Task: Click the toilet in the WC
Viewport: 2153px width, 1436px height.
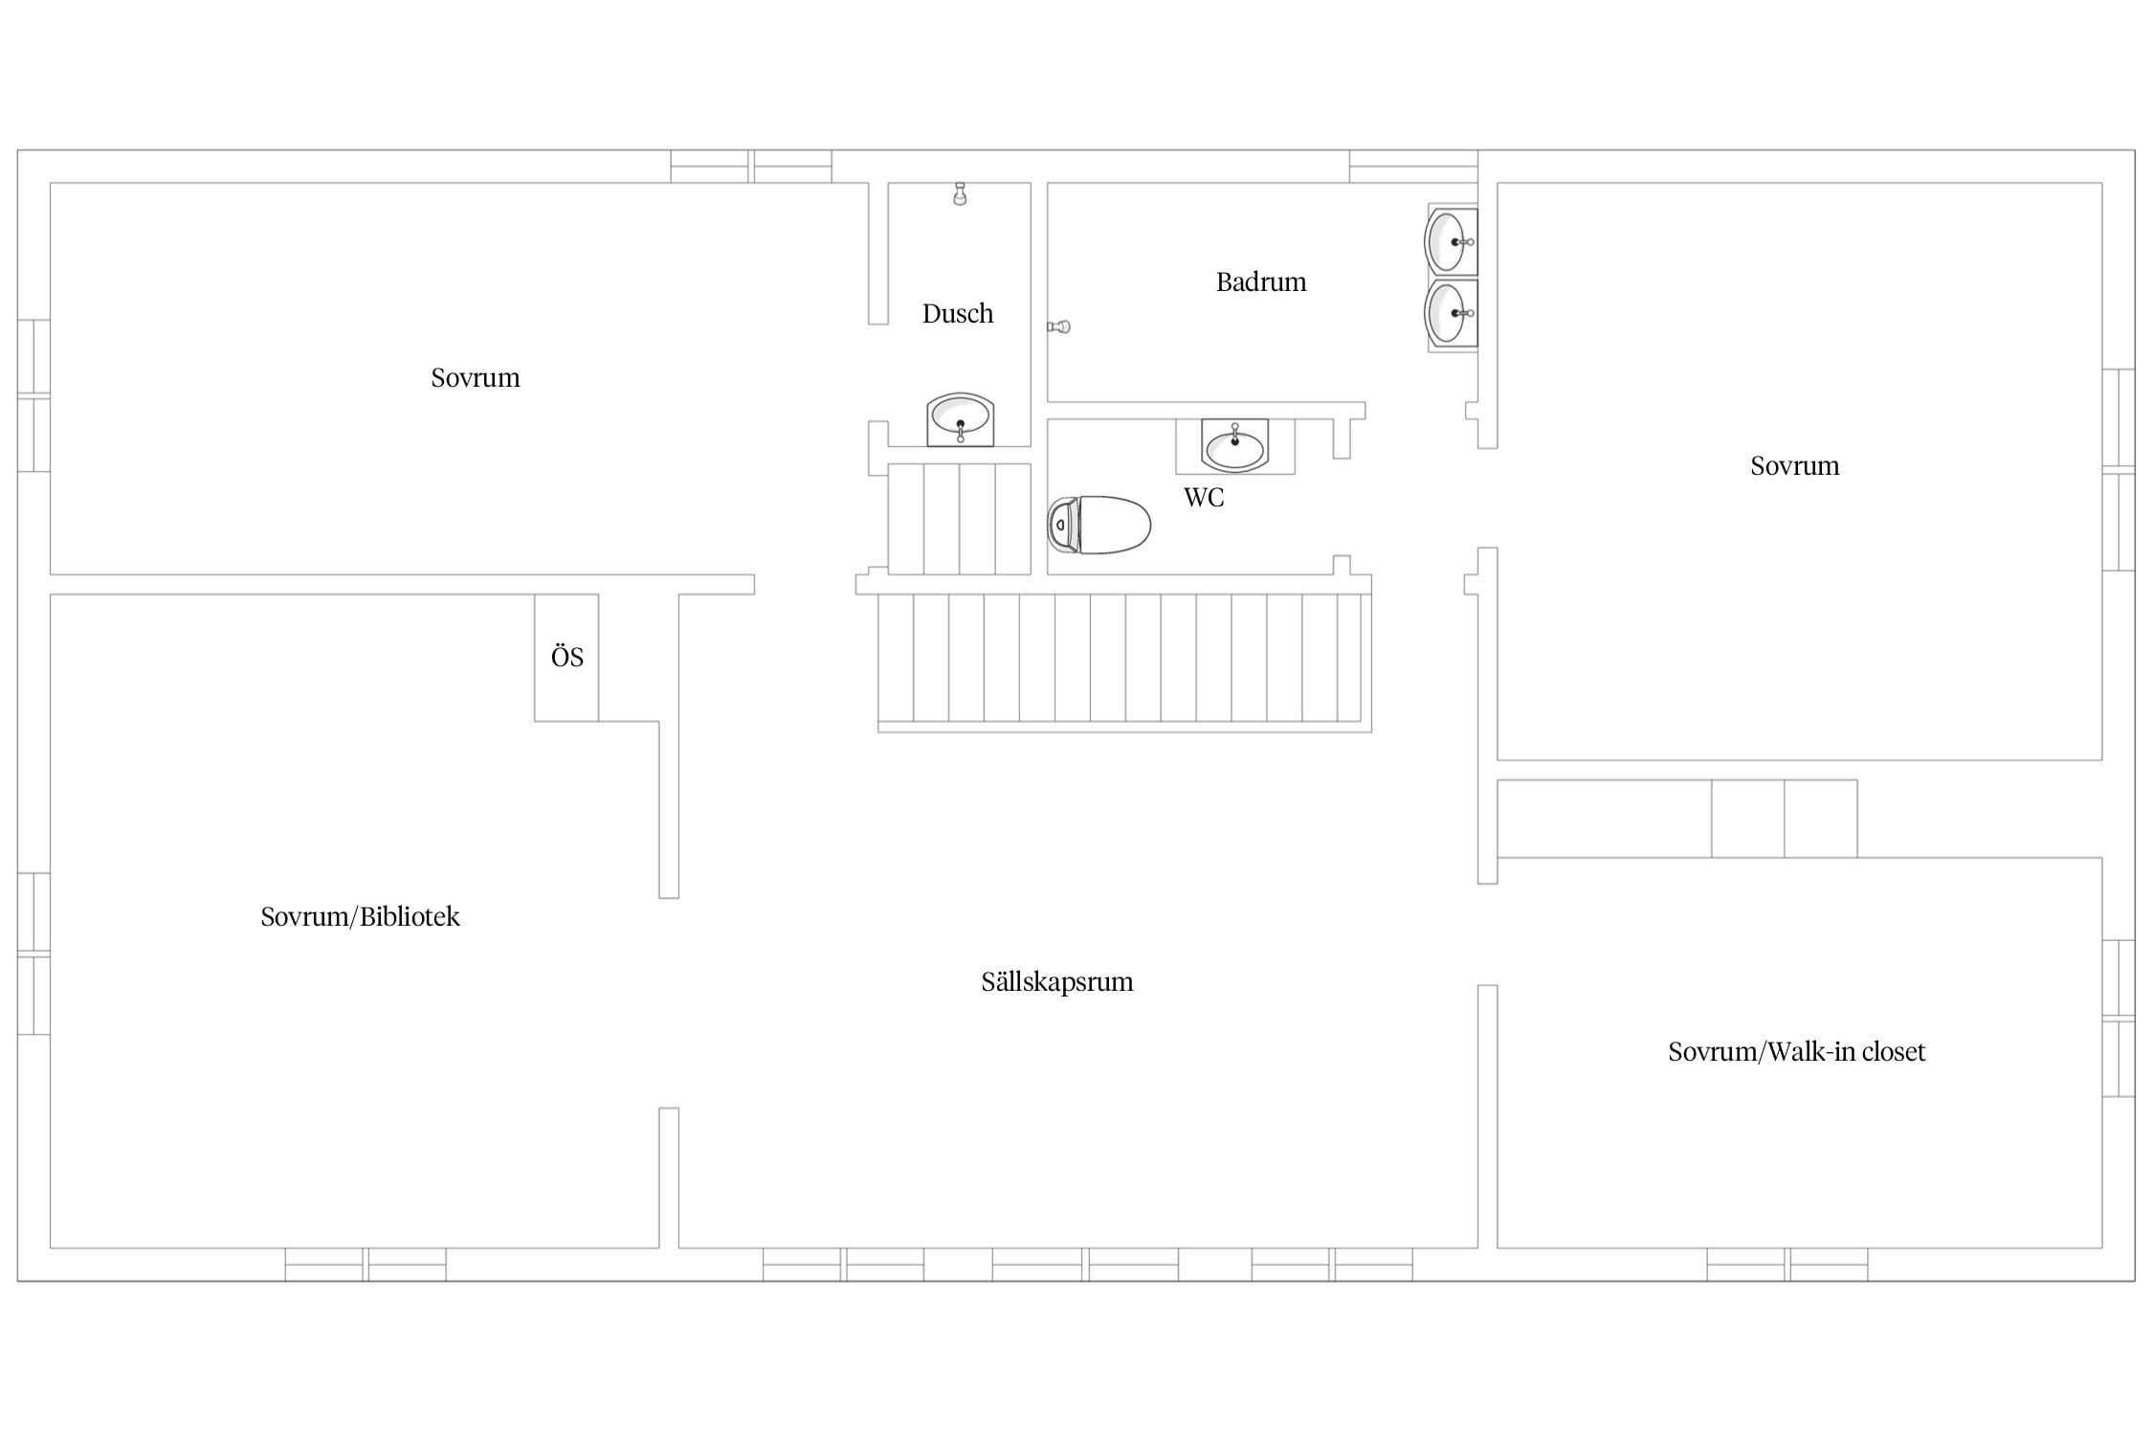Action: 1099,525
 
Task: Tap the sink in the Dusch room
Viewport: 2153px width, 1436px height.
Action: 960,419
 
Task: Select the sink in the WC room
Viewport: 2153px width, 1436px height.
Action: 1234,446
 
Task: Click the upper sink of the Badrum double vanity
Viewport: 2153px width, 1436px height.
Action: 1451,241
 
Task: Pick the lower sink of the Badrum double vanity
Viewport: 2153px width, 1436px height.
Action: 1451,312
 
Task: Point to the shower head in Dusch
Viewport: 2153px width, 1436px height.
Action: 960,193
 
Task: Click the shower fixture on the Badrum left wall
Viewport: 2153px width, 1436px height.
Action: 1058,326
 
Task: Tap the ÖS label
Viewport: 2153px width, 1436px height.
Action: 566,657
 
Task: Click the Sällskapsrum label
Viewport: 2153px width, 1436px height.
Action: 1056,982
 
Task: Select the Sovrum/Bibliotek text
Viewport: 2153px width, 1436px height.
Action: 360,916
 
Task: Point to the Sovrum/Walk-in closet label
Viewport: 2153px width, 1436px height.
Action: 1796,1051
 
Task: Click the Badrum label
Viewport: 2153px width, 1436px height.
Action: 1260,281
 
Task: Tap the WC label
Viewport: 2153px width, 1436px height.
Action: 1203,497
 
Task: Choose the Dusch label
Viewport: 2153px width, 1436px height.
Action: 957,313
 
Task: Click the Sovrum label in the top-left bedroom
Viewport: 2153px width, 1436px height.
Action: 475,377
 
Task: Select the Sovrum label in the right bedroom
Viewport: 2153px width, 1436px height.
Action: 1794,465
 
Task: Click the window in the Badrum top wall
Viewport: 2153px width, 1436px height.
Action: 1413,167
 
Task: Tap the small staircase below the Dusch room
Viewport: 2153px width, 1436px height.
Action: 959,519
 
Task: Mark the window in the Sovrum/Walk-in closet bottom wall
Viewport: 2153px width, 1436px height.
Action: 1787,1264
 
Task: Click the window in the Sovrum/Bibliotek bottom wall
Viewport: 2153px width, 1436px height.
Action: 366,1264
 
